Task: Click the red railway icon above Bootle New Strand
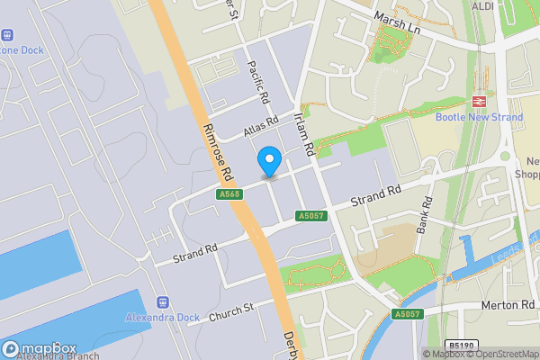pos(479,102)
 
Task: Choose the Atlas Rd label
pos(260,127)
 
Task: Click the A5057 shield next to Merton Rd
pos(407,314)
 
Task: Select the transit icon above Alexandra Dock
pos(163,303)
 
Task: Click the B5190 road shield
pos(462,345)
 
